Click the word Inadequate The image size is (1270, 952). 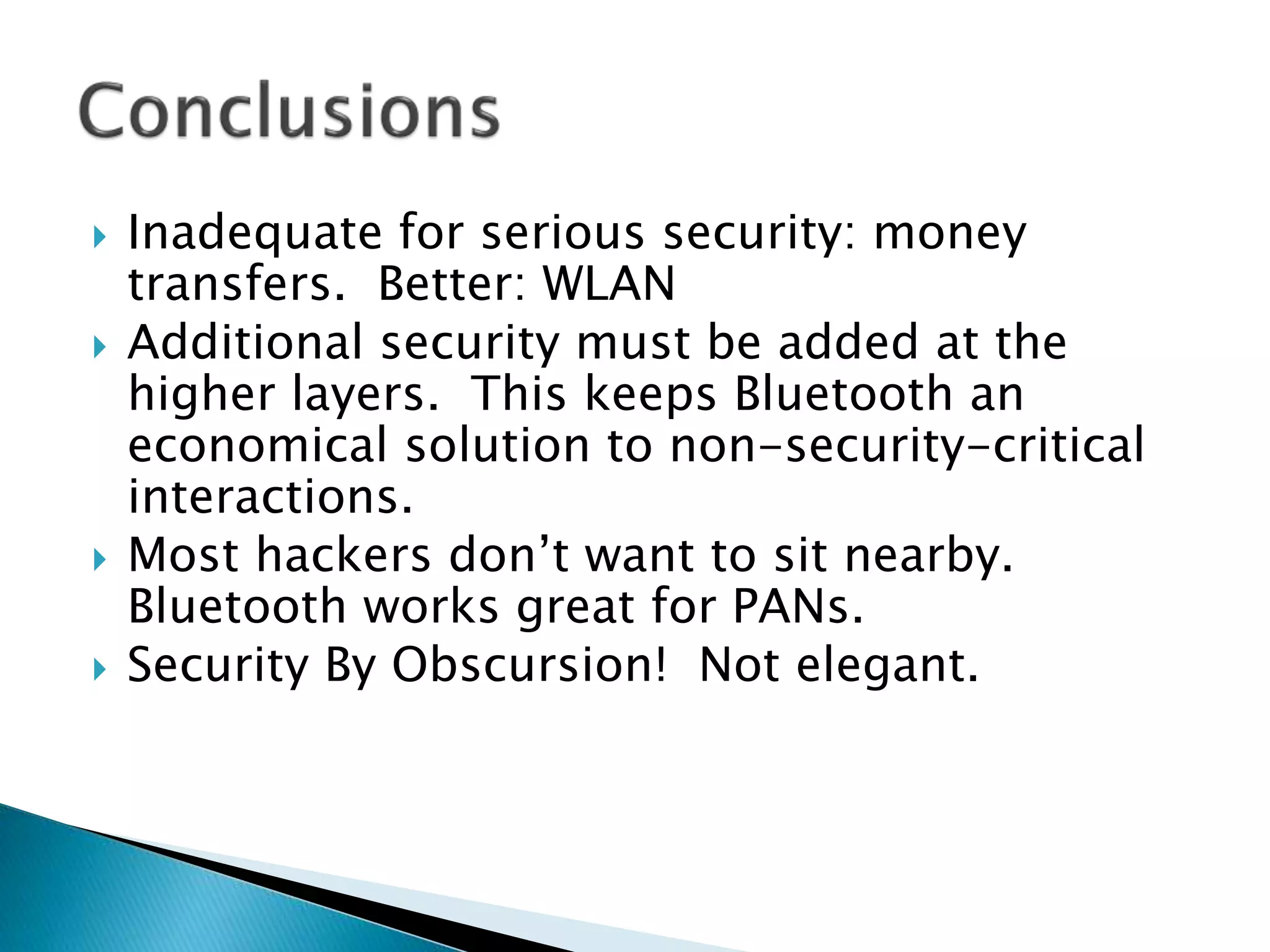(255, 234)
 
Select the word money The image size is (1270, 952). (950, 234)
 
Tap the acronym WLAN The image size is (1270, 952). (609, 284)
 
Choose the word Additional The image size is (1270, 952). (245, 343)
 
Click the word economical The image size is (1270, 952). (258, 445)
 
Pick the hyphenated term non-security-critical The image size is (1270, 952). (907, 445)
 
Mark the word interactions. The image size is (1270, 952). (270, 496)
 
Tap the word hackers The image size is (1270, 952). (344, 555)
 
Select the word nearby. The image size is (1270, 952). (929, 555)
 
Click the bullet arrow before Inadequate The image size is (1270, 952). (99, 236)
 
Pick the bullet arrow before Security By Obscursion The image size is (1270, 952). (99, 669)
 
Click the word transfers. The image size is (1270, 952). (236, 284)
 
